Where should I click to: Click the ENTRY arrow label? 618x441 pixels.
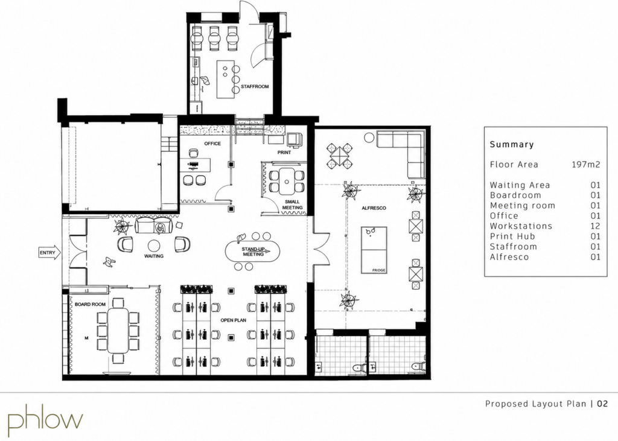[49, 253]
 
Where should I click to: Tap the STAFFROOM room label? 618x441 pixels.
[255, 87]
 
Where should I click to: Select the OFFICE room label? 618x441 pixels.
[212, 144]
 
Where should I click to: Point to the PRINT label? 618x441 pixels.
[284, 153]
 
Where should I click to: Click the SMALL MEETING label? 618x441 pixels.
[293, 205]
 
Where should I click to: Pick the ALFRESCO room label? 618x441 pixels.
[374, 208]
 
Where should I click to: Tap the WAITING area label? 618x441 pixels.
[154, 256]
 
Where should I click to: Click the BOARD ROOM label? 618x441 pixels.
[91, 304]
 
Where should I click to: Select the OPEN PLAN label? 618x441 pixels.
[234, 320]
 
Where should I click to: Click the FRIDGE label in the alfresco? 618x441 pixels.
[379, 270]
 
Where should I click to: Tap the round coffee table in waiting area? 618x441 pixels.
[154, 245]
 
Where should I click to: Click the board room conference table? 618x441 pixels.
[118, 330]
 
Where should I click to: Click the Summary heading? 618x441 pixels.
[512, 144]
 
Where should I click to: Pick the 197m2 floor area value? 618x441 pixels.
[586, 164]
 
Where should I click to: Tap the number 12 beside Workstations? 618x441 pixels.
[596, 226]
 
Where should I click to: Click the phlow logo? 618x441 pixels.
[46, 417]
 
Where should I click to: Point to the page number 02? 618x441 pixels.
[602, 404]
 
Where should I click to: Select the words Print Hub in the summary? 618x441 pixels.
[512, 236]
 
